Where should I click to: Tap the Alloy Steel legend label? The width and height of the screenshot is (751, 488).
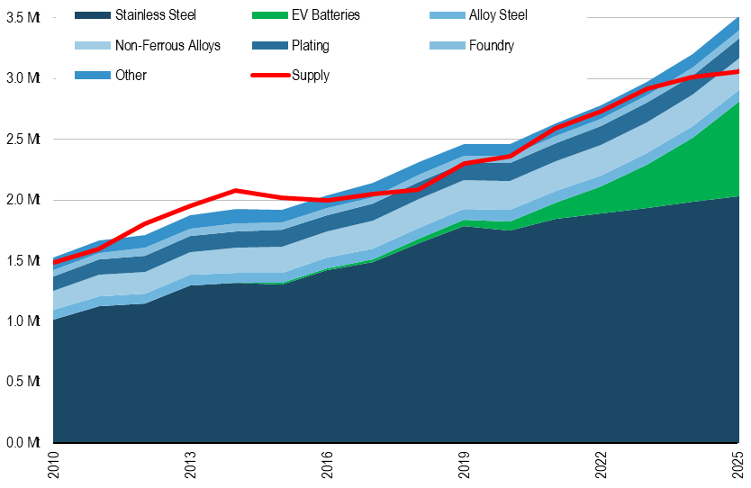tap(498, 15)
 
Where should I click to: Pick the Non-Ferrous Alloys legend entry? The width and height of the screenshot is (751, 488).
tap(167, 45)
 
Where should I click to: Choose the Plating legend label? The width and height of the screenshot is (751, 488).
tap(311, 45)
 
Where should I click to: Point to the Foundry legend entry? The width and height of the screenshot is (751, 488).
tap(492, 45)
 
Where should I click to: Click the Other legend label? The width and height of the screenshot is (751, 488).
tap(131, 76)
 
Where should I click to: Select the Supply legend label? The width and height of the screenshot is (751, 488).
tap(311, 76)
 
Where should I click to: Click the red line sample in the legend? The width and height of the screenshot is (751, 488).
tap(268, 76)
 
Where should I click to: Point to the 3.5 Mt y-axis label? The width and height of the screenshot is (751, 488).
tap(23, 18)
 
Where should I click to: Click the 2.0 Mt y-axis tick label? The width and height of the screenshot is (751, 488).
tap(23, 200)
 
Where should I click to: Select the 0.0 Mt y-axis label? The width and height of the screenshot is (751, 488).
tap(23, 442)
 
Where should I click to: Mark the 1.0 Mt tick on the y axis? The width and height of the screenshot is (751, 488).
tap(23, 321)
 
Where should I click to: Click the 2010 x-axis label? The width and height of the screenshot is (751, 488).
tap(54, 466)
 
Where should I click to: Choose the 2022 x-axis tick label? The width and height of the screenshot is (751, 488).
tap(601, 466)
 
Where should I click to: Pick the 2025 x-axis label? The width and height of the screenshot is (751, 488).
tap(737, 466)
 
